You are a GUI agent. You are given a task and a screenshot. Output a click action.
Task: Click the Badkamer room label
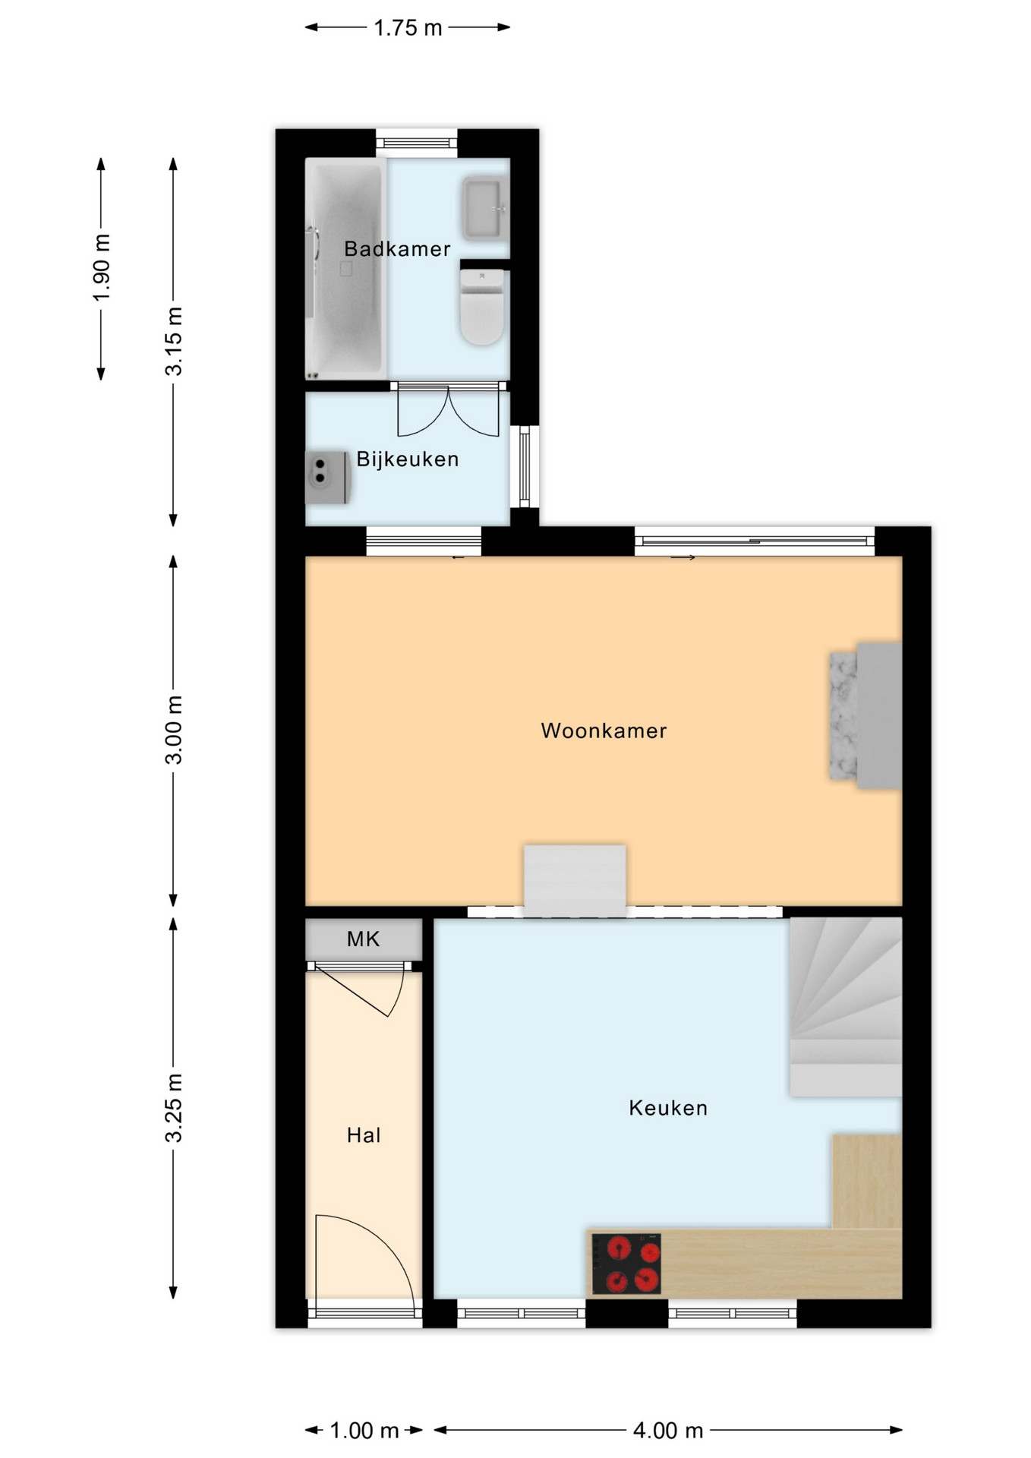(397, 249)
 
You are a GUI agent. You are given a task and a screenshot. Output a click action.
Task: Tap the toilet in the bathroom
(482, 306)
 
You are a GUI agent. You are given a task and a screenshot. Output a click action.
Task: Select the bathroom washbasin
(484, 208)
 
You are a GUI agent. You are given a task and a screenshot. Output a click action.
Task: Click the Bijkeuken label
(408, 459)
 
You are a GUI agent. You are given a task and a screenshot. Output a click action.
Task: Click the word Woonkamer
(604, 731)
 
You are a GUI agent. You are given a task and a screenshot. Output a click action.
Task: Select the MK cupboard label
(363, 939)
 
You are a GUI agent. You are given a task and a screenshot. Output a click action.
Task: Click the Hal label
(364, 1135)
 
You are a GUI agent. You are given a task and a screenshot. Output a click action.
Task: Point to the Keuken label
(668, 1108)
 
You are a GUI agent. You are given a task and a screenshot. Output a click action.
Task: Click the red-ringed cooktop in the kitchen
(626, 1264)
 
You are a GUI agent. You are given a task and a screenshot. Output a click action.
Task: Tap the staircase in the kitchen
(846, 1007)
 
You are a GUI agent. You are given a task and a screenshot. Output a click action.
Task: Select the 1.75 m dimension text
(408, 28)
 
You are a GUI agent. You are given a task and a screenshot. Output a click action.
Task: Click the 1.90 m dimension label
(102, 267)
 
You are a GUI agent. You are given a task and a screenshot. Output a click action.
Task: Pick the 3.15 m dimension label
(174, 341)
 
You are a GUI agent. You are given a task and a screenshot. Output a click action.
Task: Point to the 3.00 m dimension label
(174, 730)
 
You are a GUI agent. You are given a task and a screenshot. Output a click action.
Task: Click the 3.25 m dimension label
(174, 1108)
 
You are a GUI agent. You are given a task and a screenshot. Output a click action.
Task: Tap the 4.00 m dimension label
(668, 1431)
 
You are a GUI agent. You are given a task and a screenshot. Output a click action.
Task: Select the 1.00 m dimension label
(364, 1431)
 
